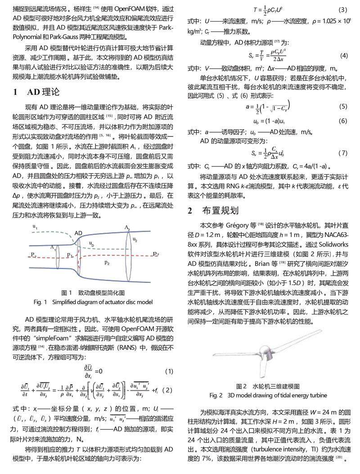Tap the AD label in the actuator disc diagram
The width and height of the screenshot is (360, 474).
(78, 233)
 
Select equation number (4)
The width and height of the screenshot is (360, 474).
(344, 56)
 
